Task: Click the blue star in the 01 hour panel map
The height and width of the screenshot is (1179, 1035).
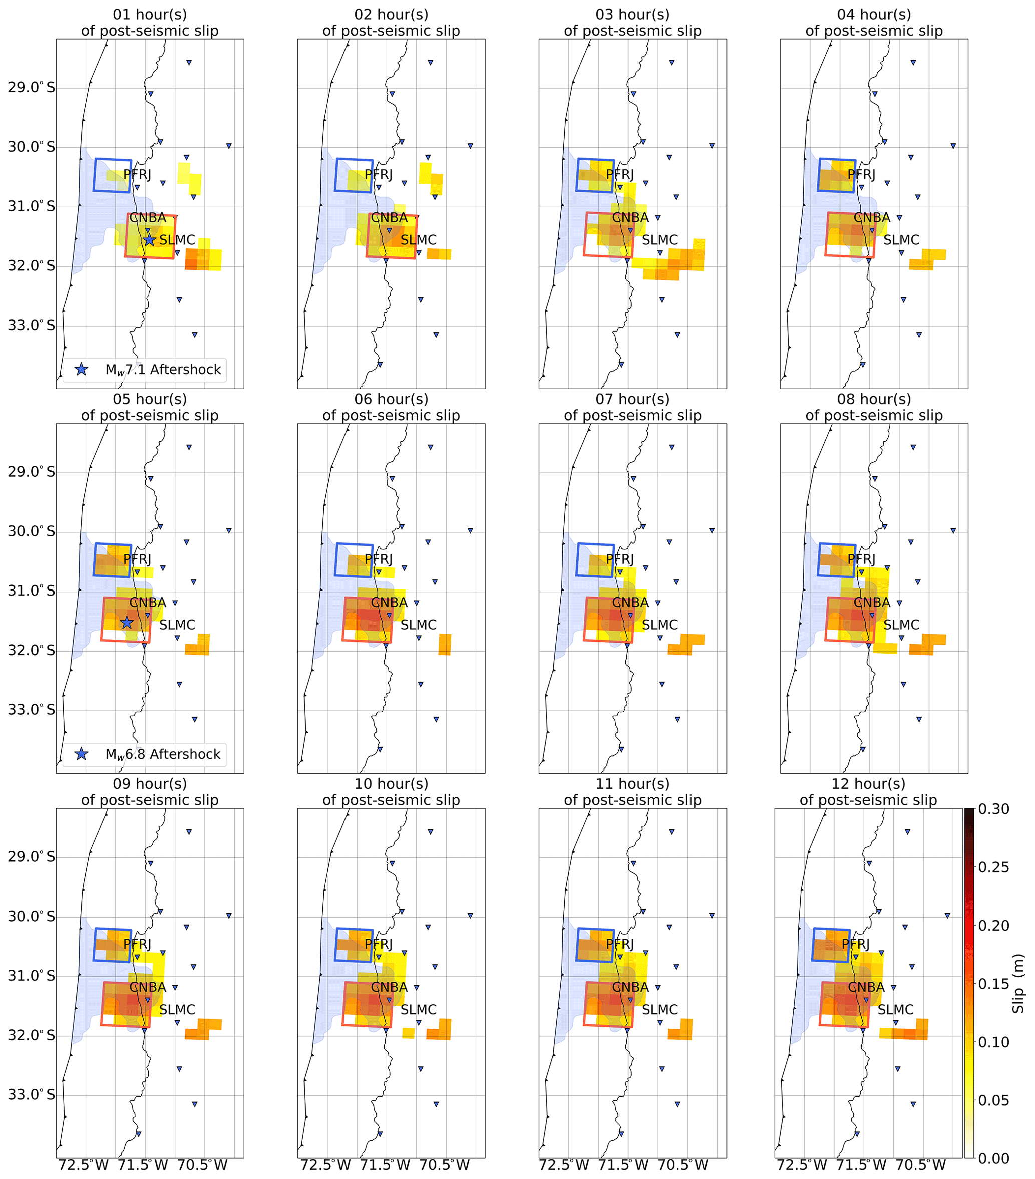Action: [x=149, y=239]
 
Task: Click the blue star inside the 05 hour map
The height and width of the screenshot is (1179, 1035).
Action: [x=127, y=623]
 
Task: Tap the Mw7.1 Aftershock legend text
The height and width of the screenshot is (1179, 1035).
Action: [x=163, y=370]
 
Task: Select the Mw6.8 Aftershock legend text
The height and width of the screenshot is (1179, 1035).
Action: [x=163, y=754]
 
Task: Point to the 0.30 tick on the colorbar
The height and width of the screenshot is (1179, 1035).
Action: [x=993, y=809]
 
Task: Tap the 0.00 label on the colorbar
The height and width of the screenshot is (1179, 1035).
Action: [x=993, y=1158]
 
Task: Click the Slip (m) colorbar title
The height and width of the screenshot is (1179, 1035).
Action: [x=1019, y=984]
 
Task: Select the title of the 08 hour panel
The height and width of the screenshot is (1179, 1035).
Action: [x=874, y=407]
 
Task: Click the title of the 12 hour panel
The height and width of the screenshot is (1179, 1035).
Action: [x=868, y=792]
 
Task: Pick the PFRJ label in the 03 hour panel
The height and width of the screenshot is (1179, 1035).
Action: [x=620, y=175]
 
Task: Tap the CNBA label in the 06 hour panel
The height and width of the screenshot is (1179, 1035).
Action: [x=389, y=603]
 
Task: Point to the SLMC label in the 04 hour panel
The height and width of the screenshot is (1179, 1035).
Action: [x=901, y=240]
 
